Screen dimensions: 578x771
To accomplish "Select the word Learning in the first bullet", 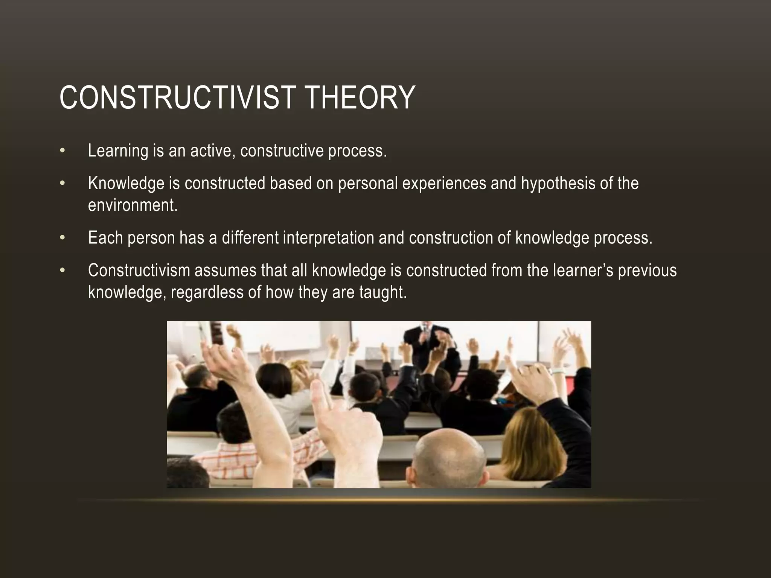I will pos(118,151).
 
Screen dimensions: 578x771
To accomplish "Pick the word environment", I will pos(132,205).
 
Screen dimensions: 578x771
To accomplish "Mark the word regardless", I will pos(207,292).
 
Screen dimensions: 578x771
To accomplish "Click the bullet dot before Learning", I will pos(62,151).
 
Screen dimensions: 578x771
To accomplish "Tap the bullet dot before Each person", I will pos(62,238).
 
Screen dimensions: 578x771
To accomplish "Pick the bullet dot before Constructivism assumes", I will pos(62,271).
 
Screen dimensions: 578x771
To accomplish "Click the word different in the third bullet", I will pos(250,238).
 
